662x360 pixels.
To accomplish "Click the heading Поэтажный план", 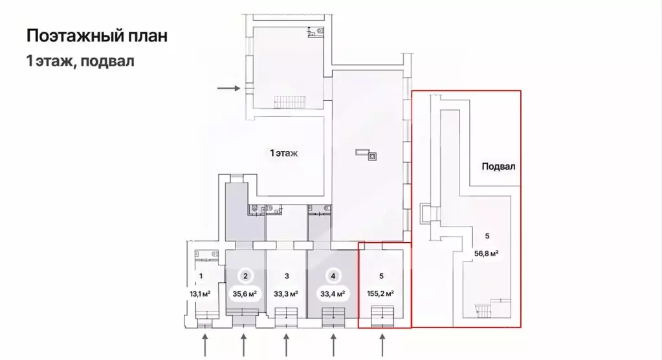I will (97, 36).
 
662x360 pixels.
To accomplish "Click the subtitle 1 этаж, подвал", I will (80, 62).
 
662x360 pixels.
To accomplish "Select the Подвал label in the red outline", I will (498, 166).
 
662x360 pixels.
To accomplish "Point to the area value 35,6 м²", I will (245, 293).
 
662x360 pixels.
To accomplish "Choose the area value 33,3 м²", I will (285, 293).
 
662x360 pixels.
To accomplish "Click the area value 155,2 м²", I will (382, 293).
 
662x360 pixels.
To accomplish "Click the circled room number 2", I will (245, 275).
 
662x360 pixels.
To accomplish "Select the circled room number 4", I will (333, 275).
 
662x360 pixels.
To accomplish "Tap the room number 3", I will (285, 276).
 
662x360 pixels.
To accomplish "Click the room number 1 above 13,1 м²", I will (201, 276).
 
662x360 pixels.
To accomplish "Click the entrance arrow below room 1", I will (205, 343).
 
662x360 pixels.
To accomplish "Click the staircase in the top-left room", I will (289, 102).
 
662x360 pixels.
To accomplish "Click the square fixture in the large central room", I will (373, 155).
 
